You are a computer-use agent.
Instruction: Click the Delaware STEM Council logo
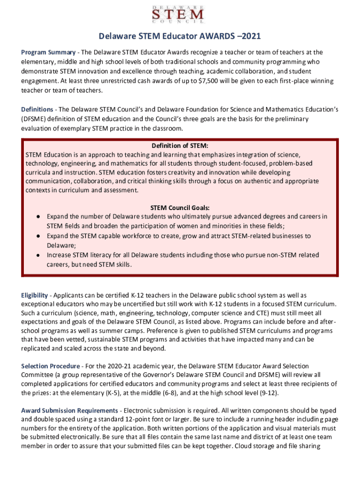click(x=180, y=14)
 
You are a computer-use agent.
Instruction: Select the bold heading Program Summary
click(x=48, y=52)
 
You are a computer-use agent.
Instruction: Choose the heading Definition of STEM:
click(x=180, y=145)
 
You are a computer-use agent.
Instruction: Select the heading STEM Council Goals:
click(x=180, y=207)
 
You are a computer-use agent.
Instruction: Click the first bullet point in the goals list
click(x=37, y=217)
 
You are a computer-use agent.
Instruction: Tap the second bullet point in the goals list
click(x=37, y=236)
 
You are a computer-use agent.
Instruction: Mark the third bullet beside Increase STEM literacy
click(x=37, y=255)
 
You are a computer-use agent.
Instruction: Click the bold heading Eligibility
click(x=35, y=295)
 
